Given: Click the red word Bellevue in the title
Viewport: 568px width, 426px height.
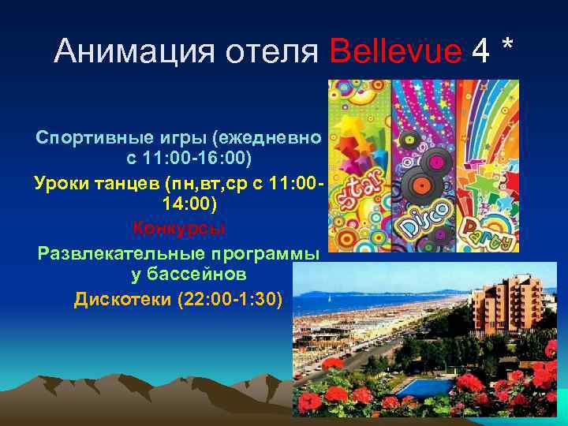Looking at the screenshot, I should point(396,53).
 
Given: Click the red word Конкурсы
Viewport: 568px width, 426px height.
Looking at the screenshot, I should point(179,229).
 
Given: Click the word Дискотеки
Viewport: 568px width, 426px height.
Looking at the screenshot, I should point(121,299).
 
